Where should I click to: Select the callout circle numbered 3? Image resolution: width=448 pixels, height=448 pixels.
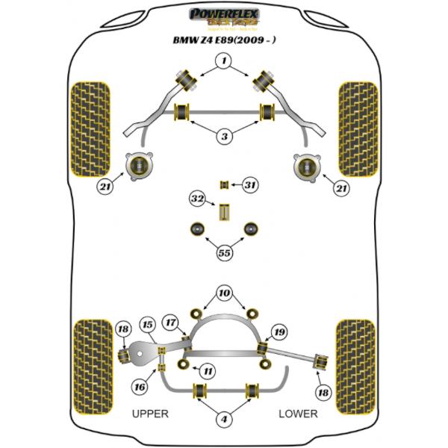pyautogui.click(x=224, y=137)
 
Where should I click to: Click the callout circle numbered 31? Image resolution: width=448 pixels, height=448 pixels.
pyautogui.click(x=250, y=184)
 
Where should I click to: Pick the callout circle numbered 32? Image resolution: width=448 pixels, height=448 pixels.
pyautogui.click(x=197, y=199)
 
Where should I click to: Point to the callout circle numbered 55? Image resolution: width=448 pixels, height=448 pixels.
pyautogui.click(x=224, y=252)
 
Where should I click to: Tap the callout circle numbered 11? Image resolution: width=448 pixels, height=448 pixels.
pyautogui.click(x=208, y=370)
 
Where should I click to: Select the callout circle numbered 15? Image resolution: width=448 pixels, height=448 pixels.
pyautogui.click(x=148, y=326)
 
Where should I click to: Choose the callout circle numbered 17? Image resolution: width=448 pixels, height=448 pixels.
pyautogui.click(x=171, y=323)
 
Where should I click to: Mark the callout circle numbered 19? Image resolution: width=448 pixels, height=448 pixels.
pyautogui.click(x=279, y=332)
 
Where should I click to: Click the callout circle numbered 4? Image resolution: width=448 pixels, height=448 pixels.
pyautogui.click(x=224, y=420)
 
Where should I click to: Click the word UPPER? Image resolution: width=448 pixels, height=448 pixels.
pyautogui.click(x=150, y=413)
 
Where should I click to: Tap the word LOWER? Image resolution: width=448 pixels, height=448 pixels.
pyautogui.click(x=298, y=413)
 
